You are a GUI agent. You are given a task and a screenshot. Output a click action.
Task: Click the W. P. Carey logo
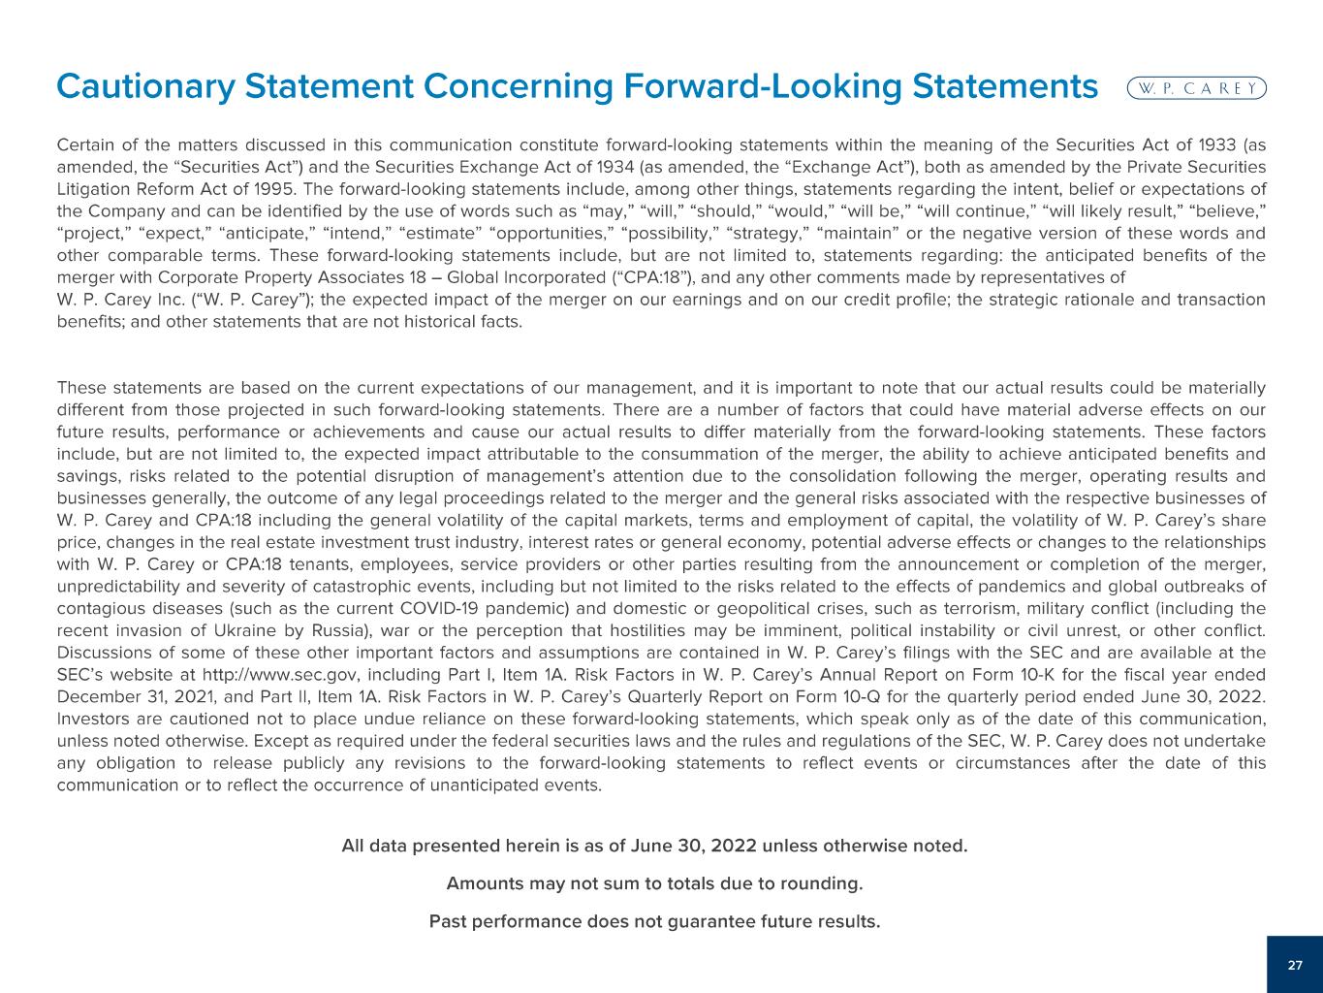point(1197,87)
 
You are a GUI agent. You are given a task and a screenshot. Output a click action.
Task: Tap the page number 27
point(1295,965)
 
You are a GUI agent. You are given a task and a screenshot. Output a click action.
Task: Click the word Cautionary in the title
point(144,86)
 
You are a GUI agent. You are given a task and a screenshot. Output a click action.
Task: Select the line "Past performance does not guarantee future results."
point(654,920)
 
